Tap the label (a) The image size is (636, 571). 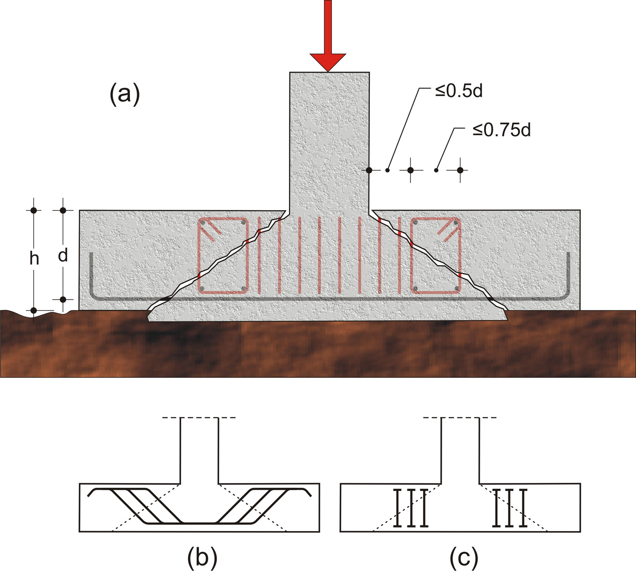[125, 94]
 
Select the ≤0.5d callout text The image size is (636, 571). [458, 91]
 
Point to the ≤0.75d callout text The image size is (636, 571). [501, 130]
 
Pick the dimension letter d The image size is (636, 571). [63, 256]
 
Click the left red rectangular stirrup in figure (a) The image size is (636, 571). [223, 256]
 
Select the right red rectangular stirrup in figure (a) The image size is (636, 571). [436, 256]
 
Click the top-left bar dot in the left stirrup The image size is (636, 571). [202, 223]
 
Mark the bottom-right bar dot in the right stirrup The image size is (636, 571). [456, 288]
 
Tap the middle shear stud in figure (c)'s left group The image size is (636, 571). [410, 508]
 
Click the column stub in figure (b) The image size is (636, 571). [199, 450]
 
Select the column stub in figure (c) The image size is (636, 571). [460, 450]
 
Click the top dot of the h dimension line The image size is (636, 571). [34, 210]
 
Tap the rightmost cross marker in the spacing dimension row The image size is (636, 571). [460, 170]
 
